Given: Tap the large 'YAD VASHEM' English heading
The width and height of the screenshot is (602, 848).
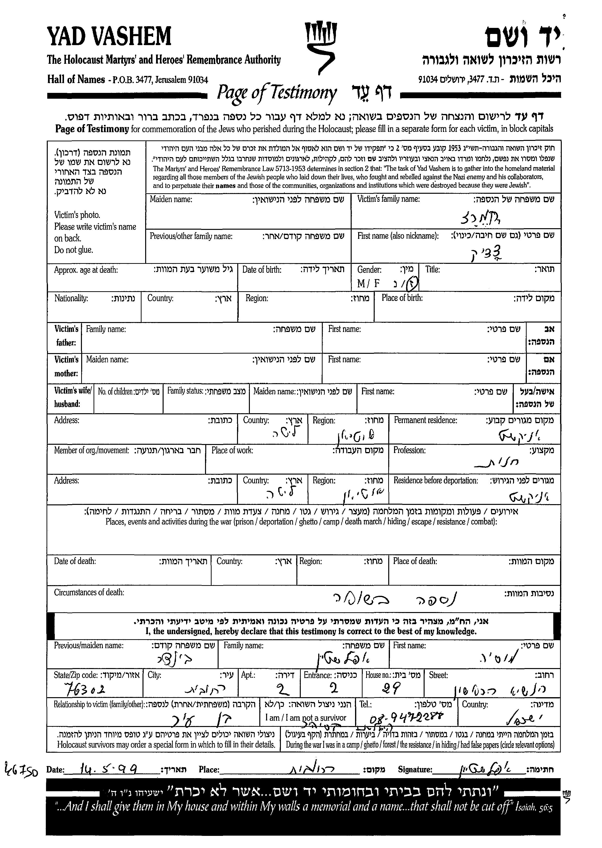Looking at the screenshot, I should (109, 36).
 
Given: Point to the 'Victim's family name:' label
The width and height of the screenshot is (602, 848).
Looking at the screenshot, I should (388, 199).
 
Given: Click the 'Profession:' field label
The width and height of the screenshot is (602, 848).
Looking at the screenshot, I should (409, 450).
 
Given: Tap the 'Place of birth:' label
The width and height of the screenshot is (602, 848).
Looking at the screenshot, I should (402, 298).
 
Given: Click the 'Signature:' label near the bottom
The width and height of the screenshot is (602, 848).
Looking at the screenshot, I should (415, 770).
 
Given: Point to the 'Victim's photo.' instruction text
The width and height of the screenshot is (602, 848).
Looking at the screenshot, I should (77, 215).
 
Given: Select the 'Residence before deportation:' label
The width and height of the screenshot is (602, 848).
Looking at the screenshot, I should (436, 481).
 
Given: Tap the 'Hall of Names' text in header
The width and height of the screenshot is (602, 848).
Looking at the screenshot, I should (76, 79).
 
